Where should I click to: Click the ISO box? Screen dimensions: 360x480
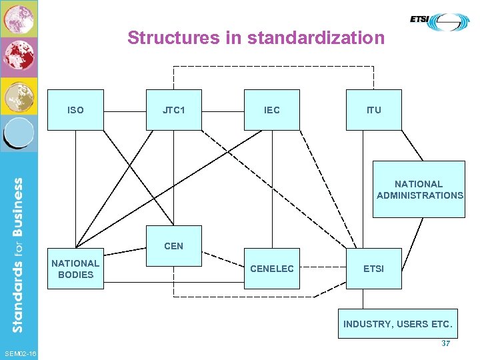[x=75, y=110]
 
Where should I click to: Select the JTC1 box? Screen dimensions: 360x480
[x=173, y=110]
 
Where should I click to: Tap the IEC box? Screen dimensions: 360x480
[x=271, y=110]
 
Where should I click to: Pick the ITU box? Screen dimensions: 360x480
[x=374, y=110]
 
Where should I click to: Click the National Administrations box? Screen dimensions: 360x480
[x=419, y=189]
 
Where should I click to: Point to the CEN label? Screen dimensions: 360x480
[x=173, y=246]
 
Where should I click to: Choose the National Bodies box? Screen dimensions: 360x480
[x=75, y=269]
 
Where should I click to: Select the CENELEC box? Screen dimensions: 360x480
[x=271, y=269]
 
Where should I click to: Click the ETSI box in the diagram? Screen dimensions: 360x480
[x=373, y=269]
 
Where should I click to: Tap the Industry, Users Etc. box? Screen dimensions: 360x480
[x=397, y=324]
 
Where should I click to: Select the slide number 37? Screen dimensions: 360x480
[x=446, y=343]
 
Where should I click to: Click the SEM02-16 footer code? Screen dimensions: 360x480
[x=20, y=353]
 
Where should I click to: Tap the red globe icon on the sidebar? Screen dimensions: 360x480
[x=19, y=57]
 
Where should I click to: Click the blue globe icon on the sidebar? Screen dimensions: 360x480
[x=19, y=133]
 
